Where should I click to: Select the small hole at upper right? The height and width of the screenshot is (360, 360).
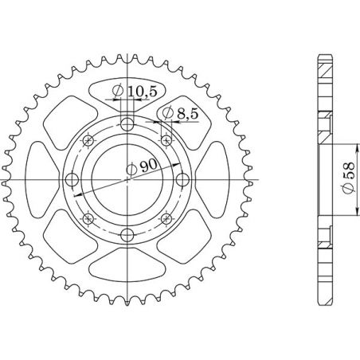click(x=166, y=139)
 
